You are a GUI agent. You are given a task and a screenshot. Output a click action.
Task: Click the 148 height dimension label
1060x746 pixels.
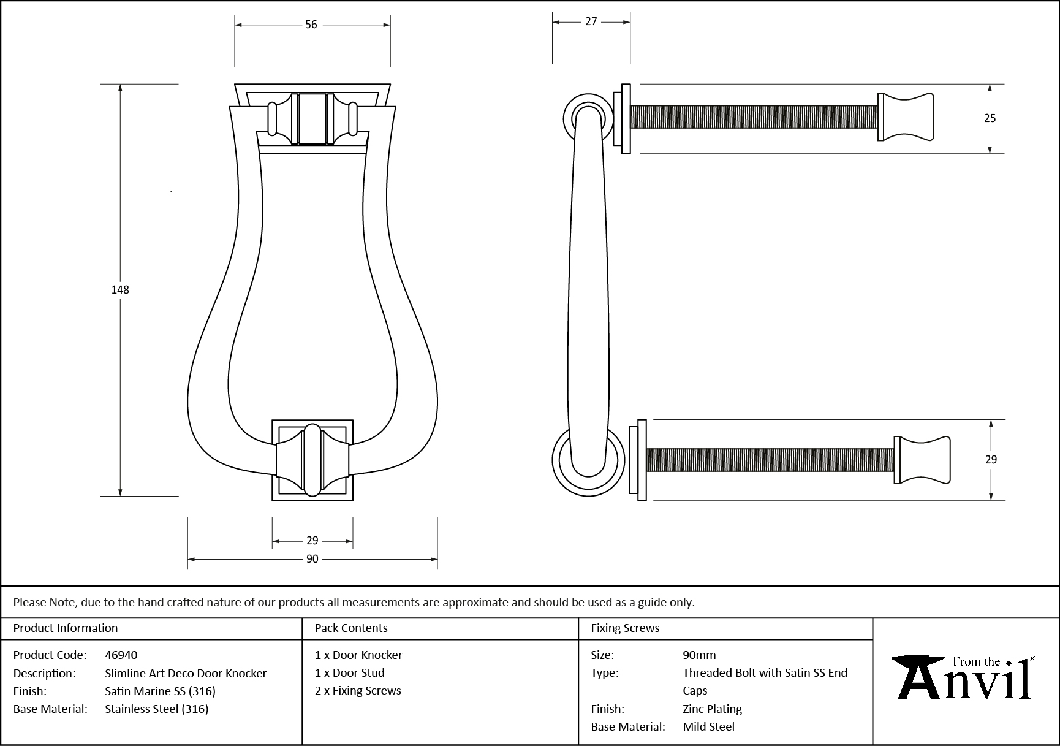pos(120,290)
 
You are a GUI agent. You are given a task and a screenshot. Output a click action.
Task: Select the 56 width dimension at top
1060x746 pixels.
pos(311,25)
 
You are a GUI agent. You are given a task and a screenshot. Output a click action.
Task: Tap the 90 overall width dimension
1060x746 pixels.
pos(312,559)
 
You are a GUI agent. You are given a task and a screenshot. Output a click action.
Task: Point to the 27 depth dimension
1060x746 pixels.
pos(591,21)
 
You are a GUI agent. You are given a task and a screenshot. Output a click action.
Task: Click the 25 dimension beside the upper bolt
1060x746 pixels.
pos(990,118)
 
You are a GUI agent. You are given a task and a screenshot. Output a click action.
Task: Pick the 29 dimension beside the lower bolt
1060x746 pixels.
pos(991,459)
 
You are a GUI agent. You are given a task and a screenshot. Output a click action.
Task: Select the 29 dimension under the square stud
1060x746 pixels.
pos(312,541)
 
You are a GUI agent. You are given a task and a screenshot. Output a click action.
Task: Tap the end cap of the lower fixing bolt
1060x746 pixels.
pos(922,460)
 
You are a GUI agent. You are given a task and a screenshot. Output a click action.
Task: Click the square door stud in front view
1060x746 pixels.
pos(312,460)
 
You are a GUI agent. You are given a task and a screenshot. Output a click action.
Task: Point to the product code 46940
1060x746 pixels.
pos(121,655)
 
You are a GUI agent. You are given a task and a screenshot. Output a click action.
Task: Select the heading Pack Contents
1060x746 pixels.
pos(351,628)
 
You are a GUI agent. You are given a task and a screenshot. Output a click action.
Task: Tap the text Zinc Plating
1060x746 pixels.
pos(712,709)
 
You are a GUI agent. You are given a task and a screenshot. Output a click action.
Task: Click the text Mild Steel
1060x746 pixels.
pos(708,726)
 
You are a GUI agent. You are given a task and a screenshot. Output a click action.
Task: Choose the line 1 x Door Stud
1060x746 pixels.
pos(349,672)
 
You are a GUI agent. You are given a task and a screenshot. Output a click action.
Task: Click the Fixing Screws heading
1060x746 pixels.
pos(625,628)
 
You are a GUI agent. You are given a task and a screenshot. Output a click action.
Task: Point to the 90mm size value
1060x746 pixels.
pos(699,655)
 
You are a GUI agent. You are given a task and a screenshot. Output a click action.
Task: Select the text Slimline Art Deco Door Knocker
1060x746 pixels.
pos(186,673)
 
